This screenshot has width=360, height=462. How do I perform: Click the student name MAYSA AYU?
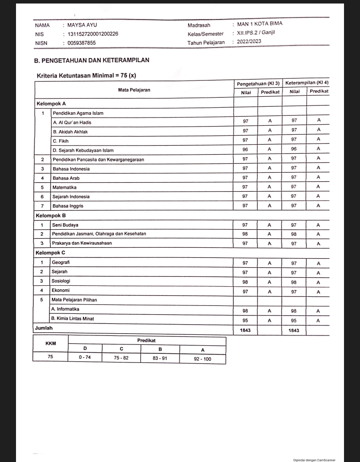[x=82, y=25]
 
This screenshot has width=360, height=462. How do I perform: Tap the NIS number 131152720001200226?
[x=93, y=34]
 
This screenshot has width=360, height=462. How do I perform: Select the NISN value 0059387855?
[x=82, y=43]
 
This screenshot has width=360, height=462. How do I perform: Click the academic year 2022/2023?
[x=249, y=42]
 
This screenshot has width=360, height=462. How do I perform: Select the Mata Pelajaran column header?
[x=134, y=90]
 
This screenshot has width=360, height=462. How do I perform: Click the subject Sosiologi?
[x=60, y=281]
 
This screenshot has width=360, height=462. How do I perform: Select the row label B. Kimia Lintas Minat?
[x=72, y=318]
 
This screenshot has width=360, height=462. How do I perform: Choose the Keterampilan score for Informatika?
[x=294, y=311]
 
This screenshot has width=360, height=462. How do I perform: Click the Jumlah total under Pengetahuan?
[x=245, y=331]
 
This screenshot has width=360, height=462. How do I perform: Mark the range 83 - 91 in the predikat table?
[x=159, y=358]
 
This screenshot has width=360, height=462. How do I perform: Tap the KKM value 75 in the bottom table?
[x=50, y=357]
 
